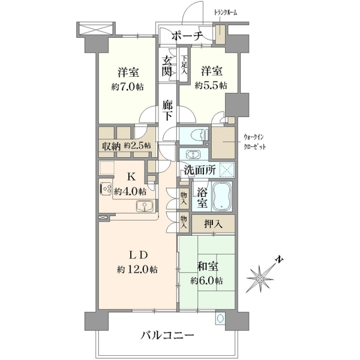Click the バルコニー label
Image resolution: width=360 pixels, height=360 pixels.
167,335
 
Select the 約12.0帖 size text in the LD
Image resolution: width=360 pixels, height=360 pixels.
137,269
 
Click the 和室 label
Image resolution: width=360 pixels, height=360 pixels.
208,266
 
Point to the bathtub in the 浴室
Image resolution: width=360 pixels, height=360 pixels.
222,196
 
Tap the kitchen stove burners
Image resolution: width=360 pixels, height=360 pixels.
106,189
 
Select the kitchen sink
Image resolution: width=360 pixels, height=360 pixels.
145,206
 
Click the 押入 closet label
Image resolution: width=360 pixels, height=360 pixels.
213,224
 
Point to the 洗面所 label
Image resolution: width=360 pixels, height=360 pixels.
200,170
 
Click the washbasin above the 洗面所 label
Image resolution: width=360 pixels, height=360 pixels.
194,154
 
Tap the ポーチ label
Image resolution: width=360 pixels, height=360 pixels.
187,36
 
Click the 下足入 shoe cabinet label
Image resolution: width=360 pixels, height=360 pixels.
184,65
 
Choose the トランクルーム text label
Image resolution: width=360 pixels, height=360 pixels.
225,13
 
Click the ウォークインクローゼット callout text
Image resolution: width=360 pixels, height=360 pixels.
254,142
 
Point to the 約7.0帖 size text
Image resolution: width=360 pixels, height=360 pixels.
128,87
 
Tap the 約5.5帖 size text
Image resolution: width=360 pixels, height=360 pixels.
211,85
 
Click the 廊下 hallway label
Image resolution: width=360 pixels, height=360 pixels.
167,110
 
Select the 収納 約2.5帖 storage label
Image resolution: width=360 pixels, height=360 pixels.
126,146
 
